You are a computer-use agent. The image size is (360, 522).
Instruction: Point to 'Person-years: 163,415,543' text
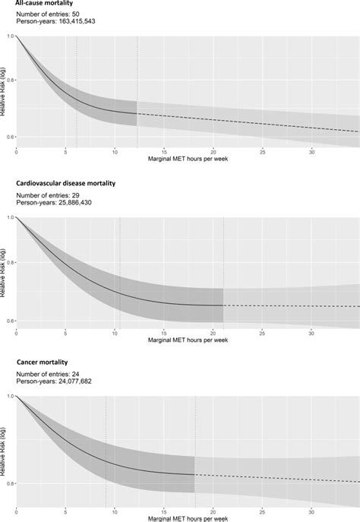coord(57,24)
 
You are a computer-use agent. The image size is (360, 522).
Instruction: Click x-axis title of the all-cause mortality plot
coord(187,159)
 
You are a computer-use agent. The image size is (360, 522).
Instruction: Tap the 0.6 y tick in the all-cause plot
coord(10,137)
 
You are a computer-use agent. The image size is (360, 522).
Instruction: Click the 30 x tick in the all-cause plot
coord(311,152)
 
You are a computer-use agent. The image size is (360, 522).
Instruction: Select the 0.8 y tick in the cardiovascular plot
coord(10,263)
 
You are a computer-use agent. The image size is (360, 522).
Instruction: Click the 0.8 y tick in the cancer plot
coord(10,483)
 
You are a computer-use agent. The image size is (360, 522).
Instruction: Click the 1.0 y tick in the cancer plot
coord(10,396)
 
